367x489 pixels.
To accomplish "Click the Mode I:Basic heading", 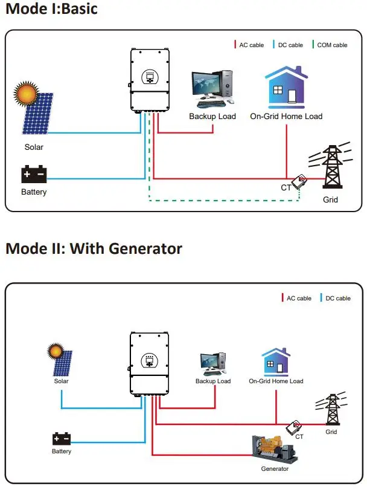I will (51, 10).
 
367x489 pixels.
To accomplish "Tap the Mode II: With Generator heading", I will (94, 248).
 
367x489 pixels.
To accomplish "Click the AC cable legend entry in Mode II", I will (296, 298).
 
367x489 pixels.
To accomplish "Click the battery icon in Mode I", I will (34, 175).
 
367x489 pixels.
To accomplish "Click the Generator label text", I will (275, 468).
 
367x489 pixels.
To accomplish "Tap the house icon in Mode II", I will (276, 362).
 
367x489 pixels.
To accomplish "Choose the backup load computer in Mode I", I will (212, 90).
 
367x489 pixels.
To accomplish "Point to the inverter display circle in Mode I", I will (149, 77).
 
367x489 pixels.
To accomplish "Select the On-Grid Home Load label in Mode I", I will (286, 116).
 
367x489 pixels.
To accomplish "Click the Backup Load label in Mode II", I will (213, 381).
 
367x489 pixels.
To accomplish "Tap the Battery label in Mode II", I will (62, 451).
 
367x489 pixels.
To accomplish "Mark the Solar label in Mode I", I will (34, 147).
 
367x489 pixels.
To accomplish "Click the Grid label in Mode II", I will (331, 432).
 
